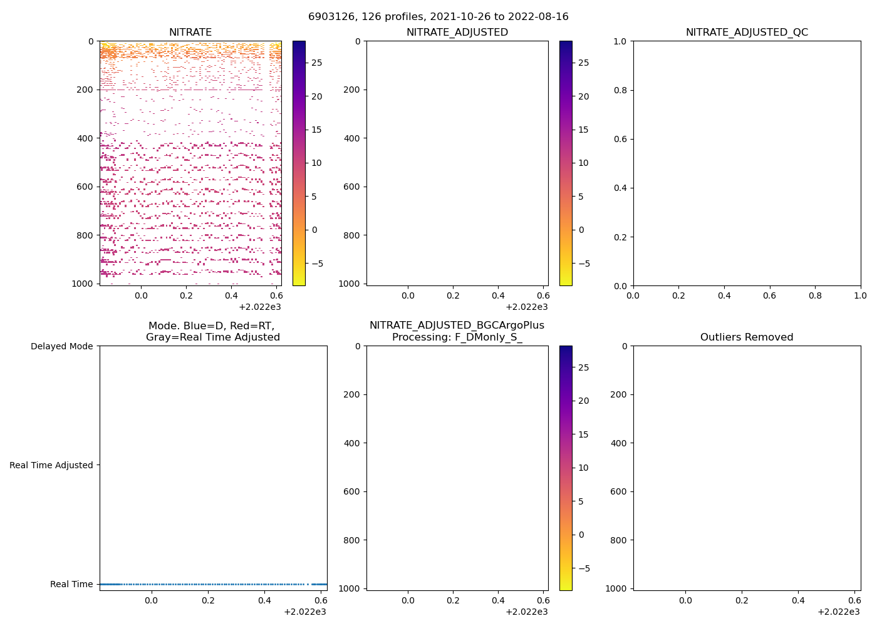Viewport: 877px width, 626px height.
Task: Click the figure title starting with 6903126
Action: tap(438, 17)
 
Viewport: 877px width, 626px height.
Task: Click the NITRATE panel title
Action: tap(190, 33)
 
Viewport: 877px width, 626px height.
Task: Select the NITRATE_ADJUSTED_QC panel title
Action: tap(747, 33)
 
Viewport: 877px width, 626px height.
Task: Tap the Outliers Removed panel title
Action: tap(747, 337)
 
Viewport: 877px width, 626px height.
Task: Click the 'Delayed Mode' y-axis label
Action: tap(61, 346)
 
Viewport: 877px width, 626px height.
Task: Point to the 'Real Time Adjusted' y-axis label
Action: tap(51, 465)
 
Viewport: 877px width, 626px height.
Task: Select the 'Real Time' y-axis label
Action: tap(71, 584)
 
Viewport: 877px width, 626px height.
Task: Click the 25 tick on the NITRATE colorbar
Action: tap(317, 63)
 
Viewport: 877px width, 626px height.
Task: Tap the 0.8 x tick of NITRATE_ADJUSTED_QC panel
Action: tap(815, 295)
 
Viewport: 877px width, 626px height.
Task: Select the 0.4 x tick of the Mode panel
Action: tap(265, 600)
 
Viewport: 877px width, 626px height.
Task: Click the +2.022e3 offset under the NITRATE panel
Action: tap(260, 307)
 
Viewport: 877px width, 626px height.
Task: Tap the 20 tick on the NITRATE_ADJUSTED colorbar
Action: tap(584, 96)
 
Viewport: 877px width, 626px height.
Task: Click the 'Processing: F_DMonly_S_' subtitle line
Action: tap(457, 337)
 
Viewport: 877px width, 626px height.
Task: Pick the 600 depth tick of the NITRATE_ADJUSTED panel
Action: tap(352, 187)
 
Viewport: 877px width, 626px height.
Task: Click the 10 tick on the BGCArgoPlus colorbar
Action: tap(584, 468)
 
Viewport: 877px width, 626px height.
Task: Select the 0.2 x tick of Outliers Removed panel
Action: tap(742, 600)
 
